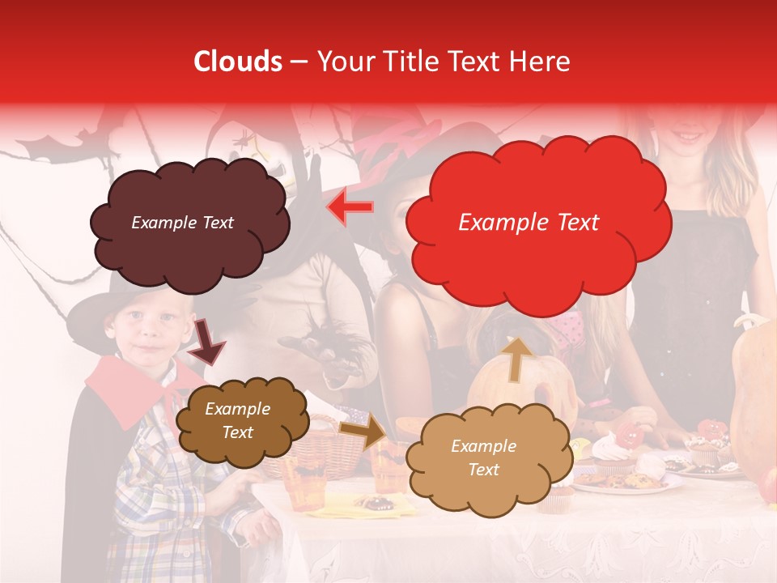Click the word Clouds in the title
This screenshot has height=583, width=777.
tap(238, 62)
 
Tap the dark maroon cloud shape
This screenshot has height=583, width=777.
tap(188, 223)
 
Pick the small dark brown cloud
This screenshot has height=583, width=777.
tap(240, 420)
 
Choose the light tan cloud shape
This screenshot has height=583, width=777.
tap(484, 457)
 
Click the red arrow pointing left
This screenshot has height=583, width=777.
tap(350, 206)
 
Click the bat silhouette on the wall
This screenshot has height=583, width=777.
tap(53, 147)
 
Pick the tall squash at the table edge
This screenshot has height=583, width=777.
tap(753, 389)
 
